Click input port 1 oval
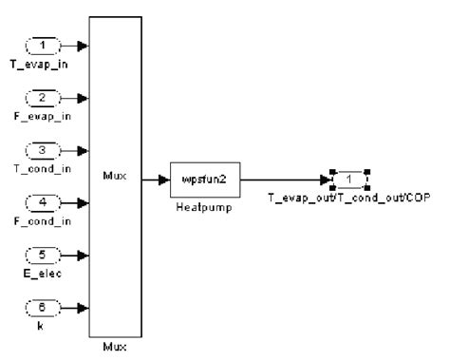(42, 45)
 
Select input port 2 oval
(42, 97)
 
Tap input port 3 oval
(42, 149)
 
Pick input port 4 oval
(42, 201)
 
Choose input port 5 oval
(42, 254)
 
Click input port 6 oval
(42, 306)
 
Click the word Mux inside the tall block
(114, 176)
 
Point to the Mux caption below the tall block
(114, 348)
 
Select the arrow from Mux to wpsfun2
(156, 176)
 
